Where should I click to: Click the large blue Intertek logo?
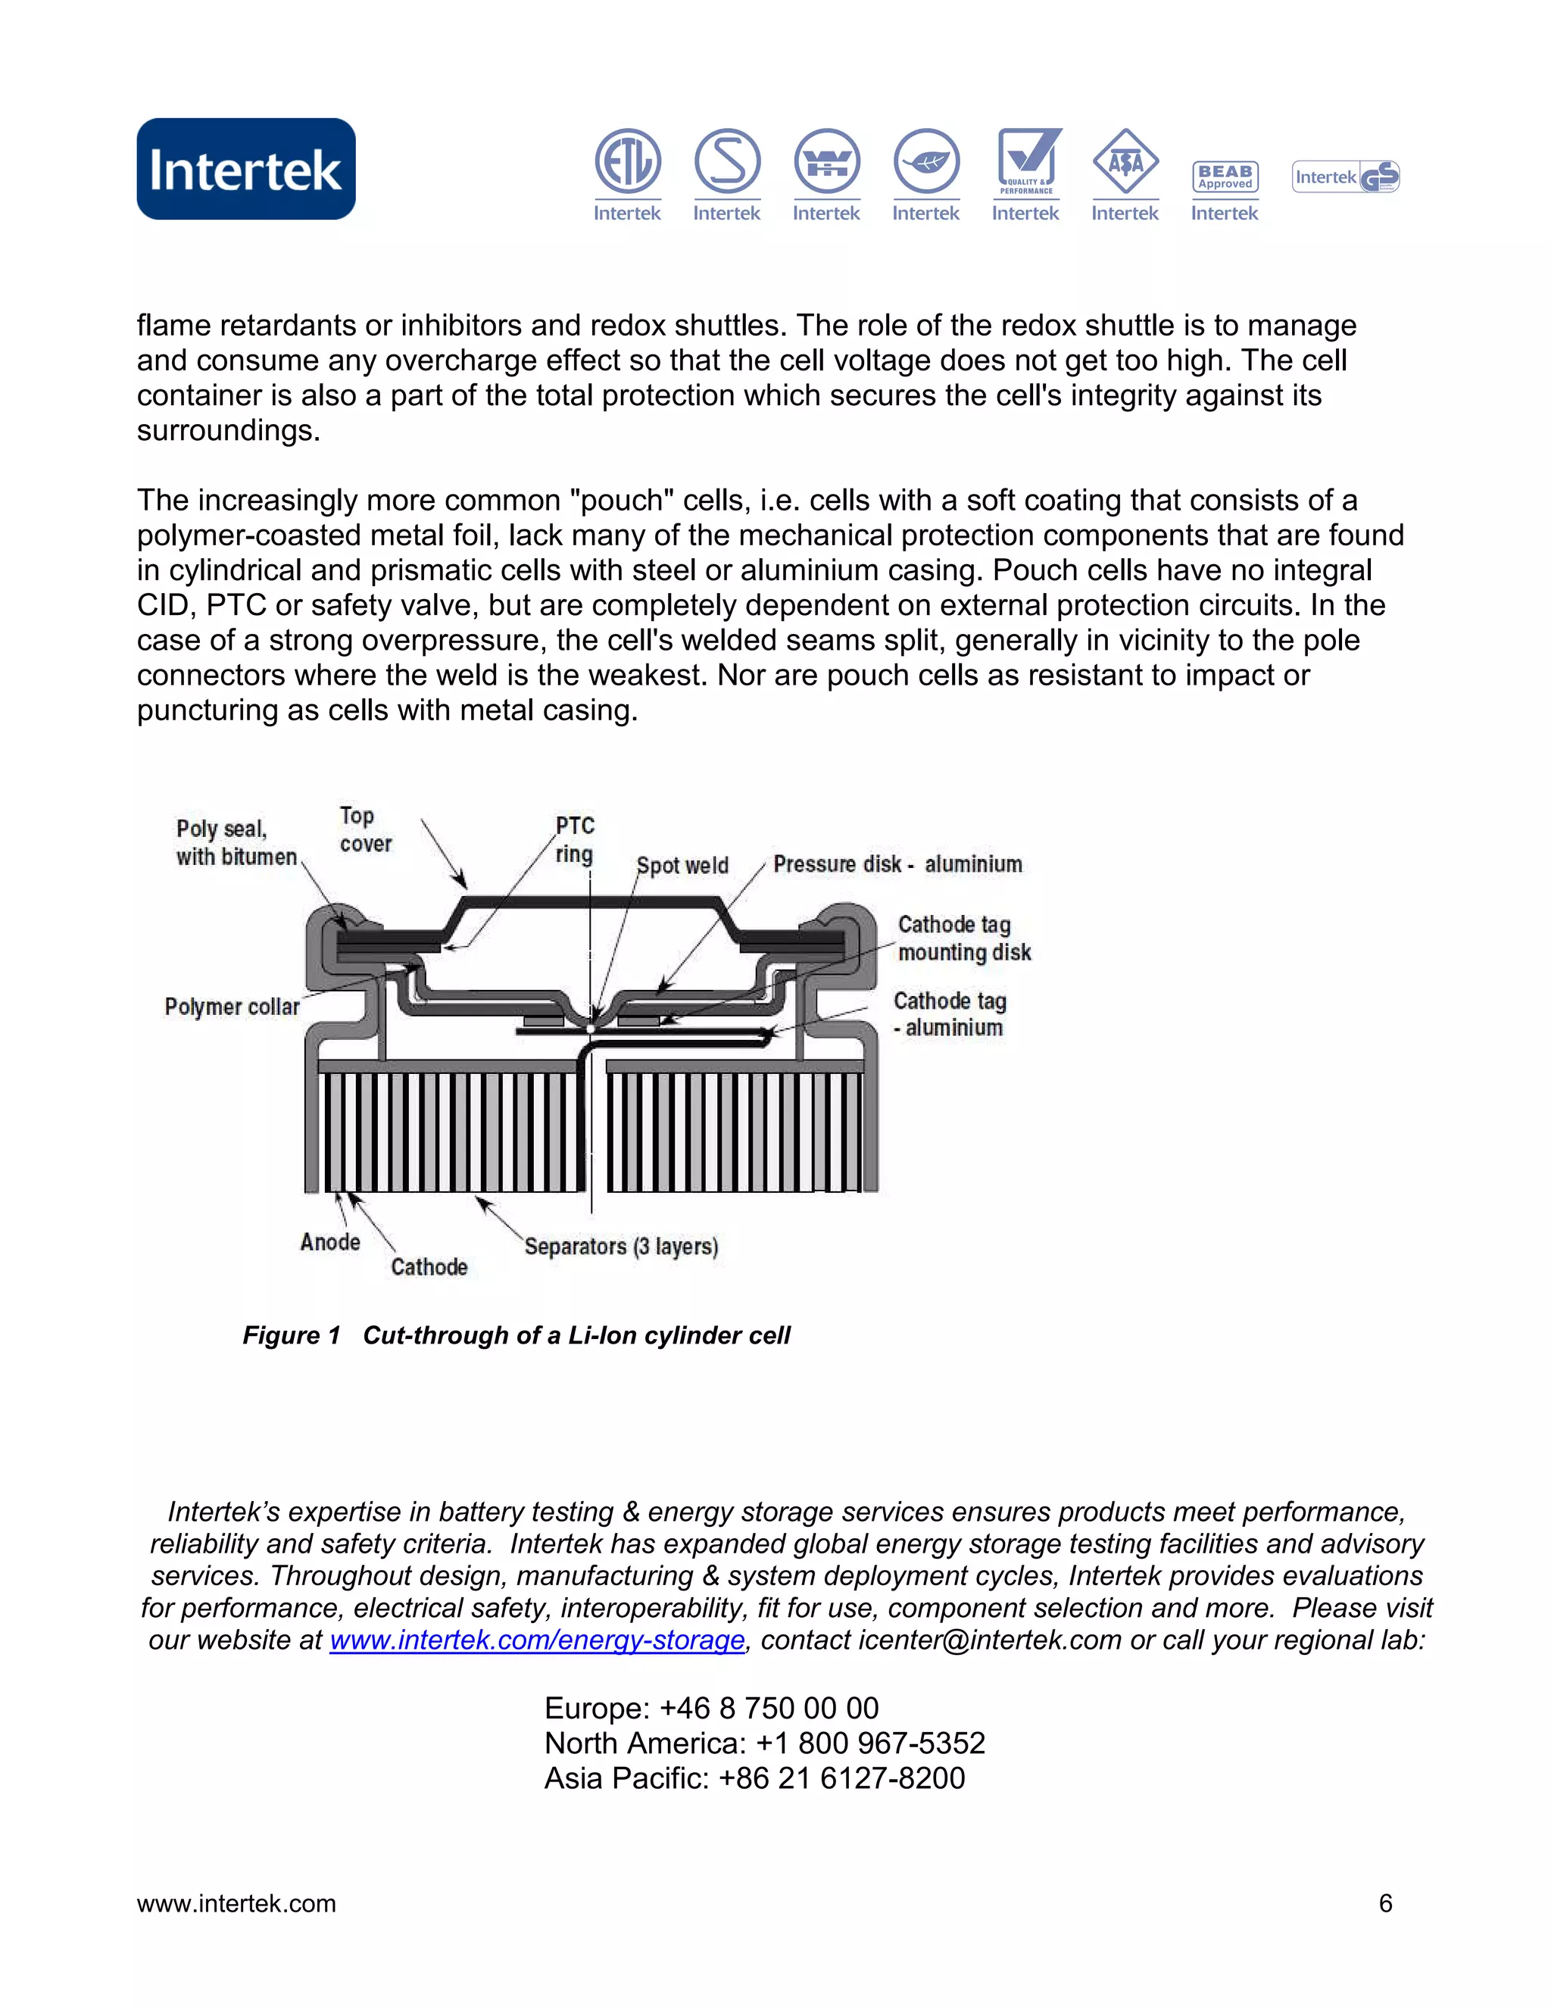coord(245,168)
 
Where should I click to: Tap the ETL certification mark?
coord(628,162)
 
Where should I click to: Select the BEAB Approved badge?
coord(1224,176)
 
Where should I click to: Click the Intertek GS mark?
coord(1345,176)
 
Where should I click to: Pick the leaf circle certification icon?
coord(926,162)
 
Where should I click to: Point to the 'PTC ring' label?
coord(574,839)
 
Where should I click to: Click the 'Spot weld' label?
coord(682,866)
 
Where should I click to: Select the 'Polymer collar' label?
coord(232,1007)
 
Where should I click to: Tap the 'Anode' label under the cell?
coord(330,1242)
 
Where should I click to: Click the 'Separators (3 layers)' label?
coord(621,1247)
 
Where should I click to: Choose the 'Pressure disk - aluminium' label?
coord(897,864)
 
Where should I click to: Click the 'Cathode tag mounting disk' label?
coord(963,938)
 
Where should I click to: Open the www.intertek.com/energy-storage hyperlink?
coord(537,1640)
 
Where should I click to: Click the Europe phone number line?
coord(711,1709)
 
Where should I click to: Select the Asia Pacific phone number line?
coord(754,1778)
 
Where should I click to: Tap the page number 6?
coord(1384,1903)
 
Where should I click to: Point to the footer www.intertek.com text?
coord(236,1903)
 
